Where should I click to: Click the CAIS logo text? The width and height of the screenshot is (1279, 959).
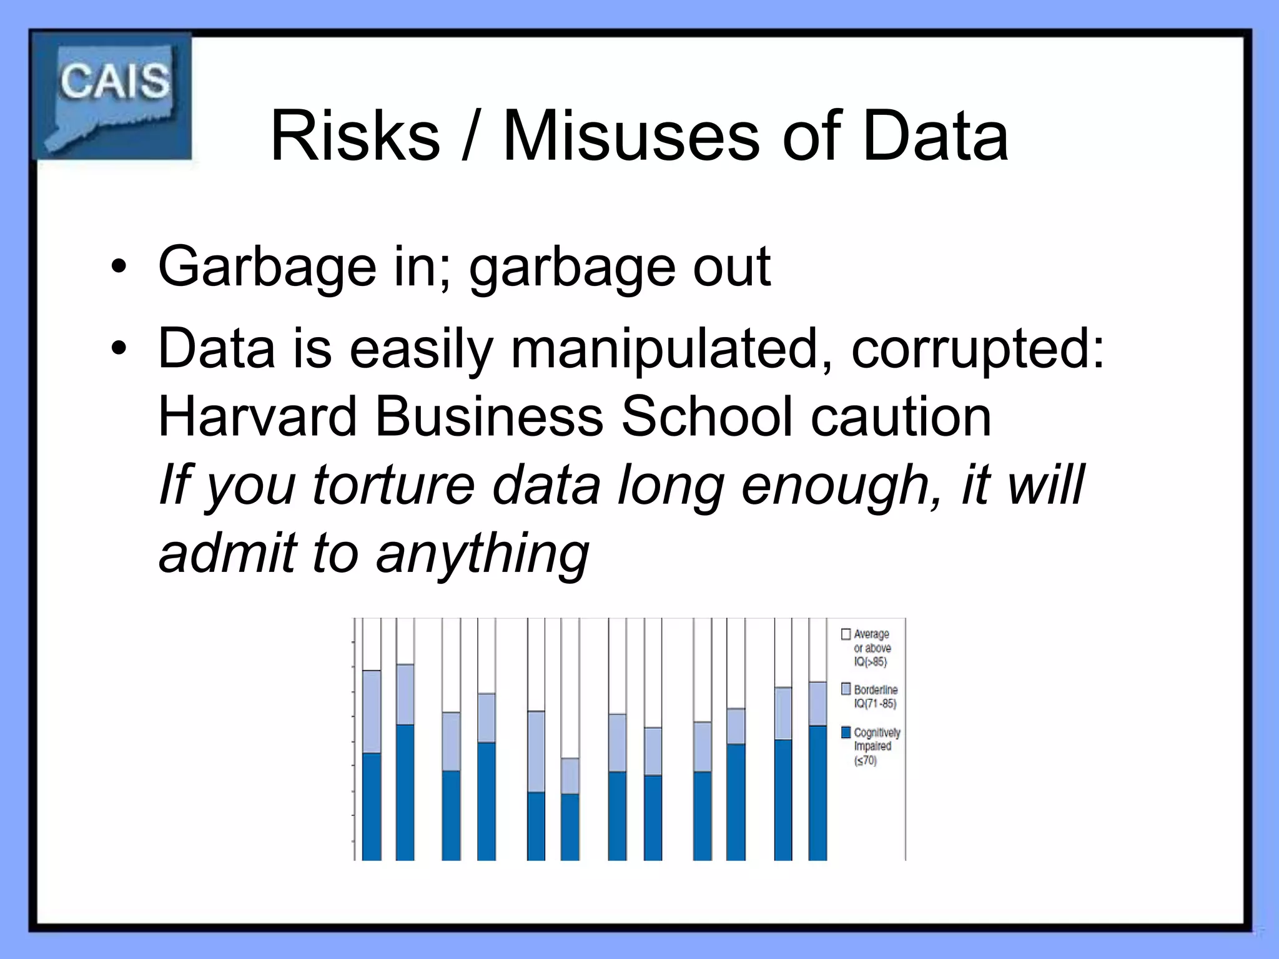coord(114,81)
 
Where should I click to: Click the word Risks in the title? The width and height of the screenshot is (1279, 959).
coord(355,136)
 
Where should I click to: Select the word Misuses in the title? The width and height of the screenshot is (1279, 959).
coord(631,136)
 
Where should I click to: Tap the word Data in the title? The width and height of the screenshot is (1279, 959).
coord(935,136)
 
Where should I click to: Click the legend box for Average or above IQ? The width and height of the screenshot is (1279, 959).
coord(846,634)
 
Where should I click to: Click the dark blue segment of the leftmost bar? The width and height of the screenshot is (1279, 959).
coord(372,806)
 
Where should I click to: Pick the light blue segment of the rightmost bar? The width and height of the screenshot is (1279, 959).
coord(817,703)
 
